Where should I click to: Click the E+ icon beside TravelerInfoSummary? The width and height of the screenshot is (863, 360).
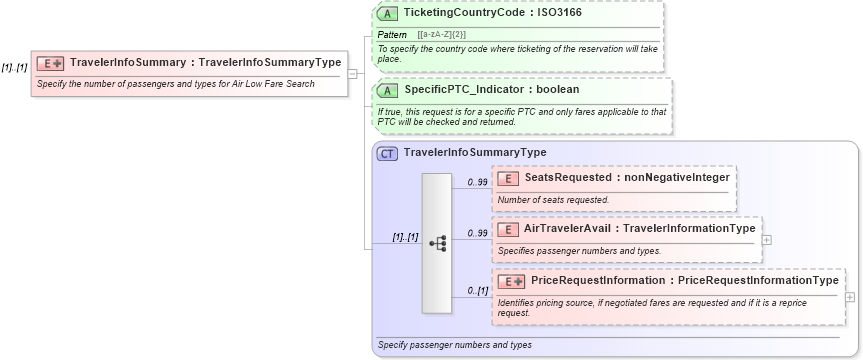(x=51, y=63)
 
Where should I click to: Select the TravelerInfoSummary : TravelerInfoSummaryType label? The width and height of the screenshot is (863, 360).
(x=205, y=63)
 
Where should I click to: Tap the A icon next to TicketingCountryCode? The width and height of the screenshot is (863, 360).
(x=388, y=14)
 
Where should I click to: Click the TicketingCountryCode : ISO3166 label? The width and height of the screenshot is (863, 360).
(x=493, y=14)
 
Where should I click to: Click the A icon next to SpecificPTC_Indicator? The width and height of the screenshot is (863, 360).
(x=388, y=90)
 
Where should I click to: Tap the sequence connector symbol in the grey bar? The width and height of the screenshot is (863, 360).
(x=438, y=243)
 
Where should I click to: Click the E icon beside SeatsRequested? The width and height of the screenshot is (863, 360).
(x=507, y=178)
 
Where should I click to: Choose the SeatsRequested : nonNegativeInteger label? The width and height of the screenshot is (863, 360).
(x=626, y=178)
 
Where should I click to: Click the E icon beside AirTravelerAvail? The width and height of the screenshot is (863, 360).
(x=507, y=229)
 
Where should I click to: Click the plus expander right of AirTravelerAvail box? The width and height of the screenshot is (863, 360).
(x=767, y=239)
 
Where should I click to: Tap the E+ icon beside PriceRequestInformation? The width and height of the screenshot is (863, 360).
(x=511, y=281)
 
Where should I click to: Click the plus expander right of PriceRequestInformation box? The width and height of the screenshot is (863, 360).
(x=850, y=297)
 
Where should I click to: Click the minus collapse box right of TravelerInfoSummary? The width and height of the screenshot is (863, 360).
(x=352, y=73)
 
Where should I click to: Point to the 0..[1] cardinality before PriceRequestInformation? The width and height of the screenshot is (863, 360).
(x=477, y=291)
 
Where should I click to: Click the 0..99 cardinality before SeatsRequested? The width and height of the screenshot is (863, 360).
(x=477, y=182)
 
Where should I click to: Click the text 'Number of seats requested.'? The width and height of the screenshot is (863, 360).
(x=553, y=200)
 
